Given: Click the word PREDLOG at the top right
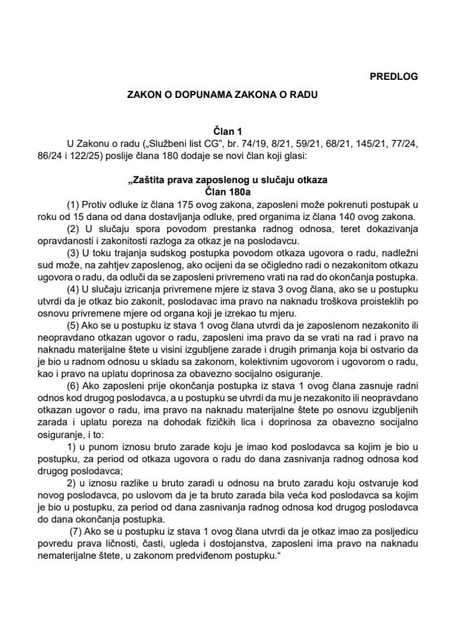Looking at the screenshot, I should [x=394, y=76].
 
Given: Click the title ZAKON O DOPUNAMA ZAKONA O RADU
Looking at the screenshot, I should [x=222, y=96].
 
